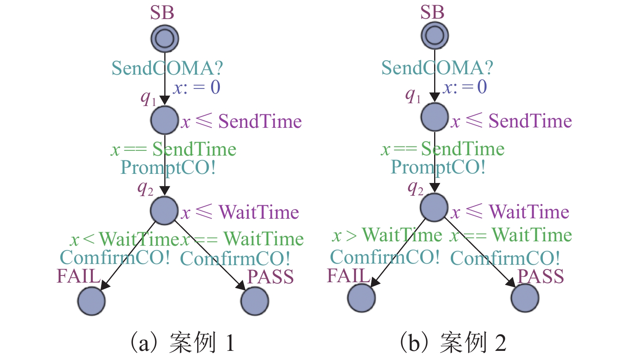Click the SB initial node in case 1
point(165,39)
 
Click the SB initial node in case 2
point(435,35)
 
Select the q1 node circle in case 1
point(165,120)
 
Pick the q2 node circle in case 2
point(435,207)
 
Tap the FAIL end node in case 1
point(91,301)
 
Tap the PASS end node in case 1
point(255,301)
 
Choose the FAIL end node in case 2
point(362,298)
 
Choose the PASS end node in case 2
point(525,298)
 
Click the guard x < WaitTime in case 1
point(124,239)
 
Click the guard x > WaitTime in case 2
point(387,235)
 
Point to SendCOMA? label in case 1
point(167,68)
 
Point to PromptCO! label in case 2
point(438,167)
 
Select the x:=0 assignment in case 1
point(196,87)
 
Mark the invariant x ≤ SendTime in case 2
point(512,121)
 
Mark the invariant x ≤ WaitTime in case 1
point(240,212)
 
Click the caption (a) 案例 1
point(183,343)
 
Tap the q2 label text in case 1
point(146,188)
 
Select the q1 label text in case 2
point(413,95)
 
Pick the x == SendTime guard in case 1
point(173,150)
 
